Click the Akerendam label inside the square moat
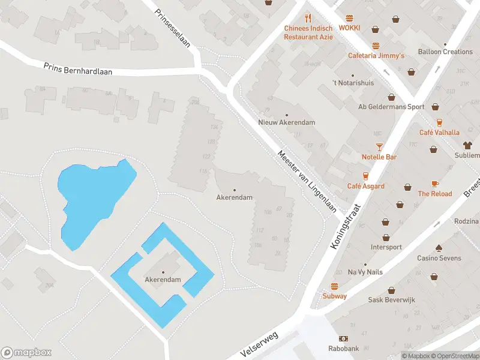point(163,280)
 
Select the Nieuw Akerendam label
point(286,122)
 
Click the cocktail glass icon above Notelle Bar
point(379,146)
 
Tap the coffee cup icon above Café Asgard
point(365,176)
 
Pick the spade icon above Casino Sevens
point(439,248)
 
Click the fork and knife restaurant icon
point(308,18)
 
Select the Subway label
point(335,296)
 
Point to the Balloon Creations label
point(445,52)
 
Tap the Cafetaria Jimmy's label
point(376,56)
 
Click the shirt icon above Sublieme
point(467,145)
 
